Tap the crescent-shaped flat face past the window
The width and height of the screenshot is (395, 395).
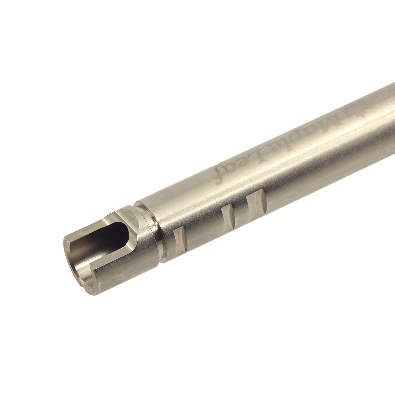132,220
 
